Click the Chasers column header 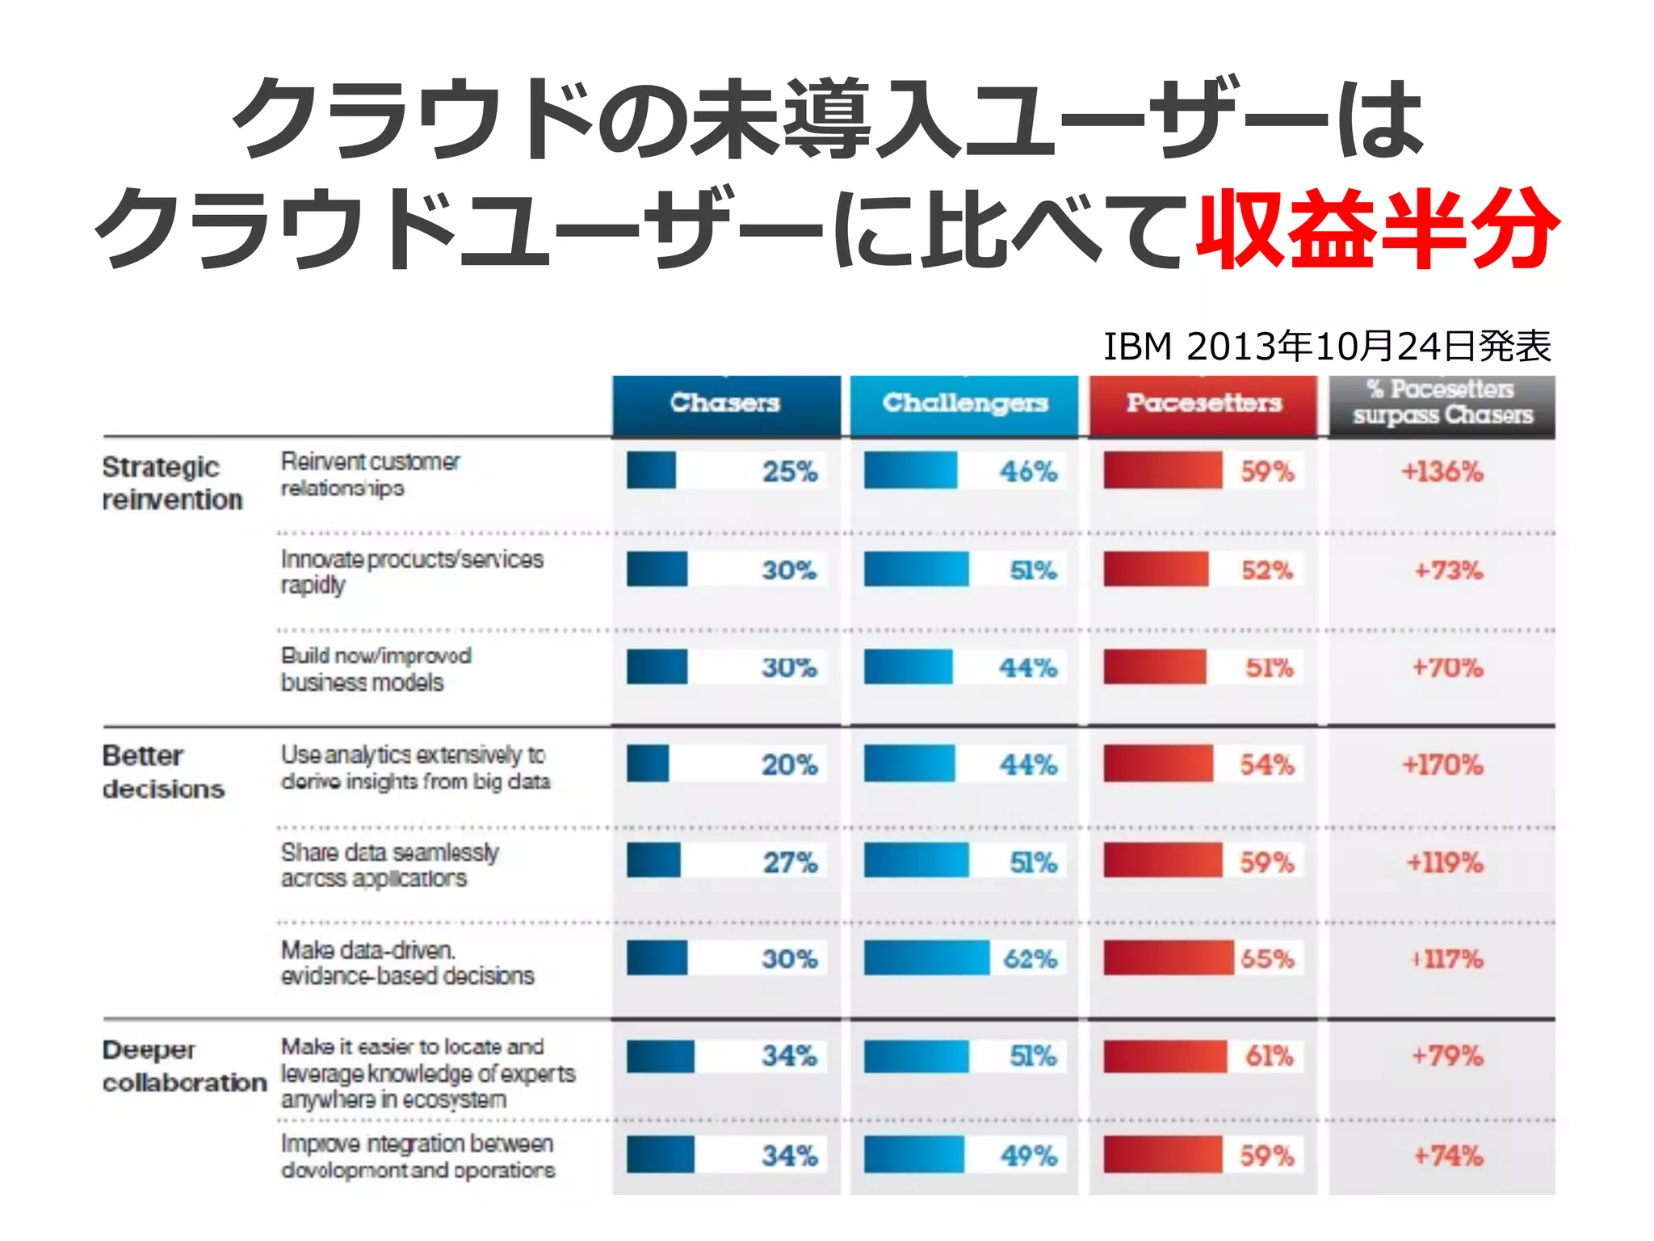tap(725, 402)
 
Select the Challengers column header tap(964, 402)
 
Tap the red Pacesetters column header tap(1203, 402)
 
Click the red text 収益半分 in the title tap(1376, 229)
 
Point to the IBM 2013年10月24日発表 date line tap(1327, 347)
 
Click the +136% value tap(1442, 472)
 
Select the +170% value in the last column tap(1442, 764)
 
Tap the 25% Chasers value tap(790, 472)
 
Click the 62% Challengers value tap(1030, 959)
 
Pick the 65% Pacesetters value tap(1267, 959)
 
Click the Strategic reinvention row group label tap(172, 483)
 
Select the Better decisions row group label tap(162, 772)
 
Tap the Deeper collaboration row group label tap(184, 1066)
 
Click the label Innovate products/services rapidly tap(412, 571)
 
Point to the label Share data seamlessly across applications tap(389, 865)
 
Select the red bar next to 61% tap(1165, 1056)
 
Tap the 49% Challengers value tap(1028, 1155)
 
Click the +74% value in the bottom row tap(1448, 1155)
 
